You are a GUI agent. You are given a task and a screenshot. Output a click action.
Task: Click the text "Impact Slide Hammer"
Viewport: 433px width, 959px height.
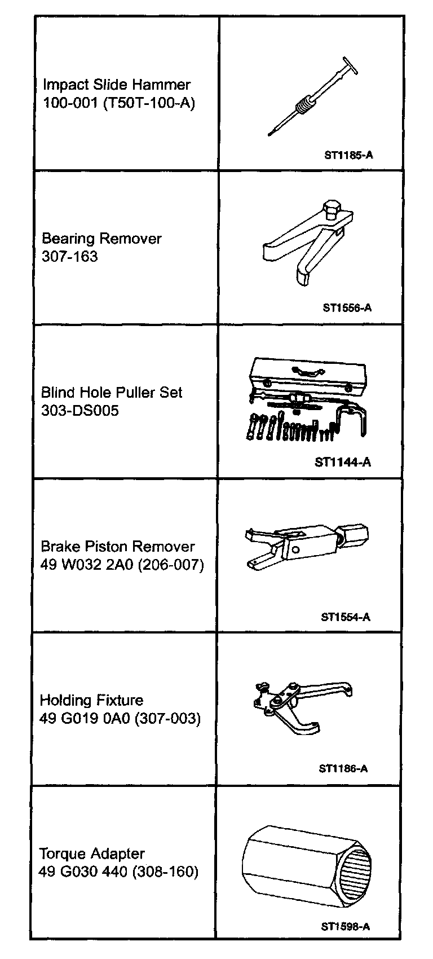click(117, 85)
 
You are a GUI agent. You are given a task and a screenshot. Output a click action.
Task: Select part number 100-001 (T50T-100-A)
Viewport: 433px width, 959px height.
click(119, 104)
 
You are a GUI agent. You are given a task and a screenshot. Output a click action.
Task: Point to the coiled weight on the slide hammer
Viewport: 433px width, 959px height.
click(304, 104)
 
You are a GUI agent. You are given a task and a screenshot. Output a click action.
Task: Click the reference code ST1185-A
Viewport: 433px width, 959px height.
click(348, 155)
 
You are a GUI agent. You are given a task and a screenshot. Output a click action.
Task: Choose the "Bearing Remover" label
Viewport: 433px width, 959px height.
click(101, 239)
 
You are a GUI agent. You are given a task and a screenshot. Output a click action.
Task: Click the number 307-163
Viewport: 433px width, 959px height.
click(70, 257)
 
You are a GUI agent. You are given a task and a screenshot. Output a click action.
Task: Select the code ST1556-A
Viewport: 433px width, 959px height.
click(347, 308)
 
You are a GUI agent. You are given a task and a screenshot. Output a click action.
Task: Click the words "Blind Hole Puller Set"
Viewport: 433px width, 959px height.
click(112, 393)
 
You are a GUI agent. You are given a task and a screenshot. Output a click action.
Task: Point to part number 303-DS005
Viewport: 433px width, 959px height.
click(80, 411)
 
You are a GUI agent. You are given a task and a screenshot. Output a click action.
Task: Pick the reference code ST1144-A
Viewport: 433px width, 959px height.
click(343, 463)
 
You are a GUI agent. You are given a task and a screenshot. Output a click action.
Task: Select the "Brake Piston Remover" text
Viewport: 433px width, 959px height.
click(118, 547)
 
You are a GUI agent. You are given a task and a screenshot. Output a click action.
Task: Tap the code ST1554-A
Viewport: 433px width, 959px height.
click(346, 617)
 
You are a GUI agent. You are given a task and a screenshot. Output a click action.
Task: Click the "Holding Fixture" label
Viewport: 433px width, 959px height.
click(91, 701)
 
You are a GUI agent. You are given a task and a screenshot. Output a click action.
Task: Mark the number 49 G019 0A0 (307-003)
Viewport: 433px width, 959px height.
click(120, 719)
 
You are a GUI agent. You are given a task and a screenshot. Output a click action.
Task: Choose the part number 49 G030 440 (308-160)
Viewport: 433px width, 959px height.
click(118, 872)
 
